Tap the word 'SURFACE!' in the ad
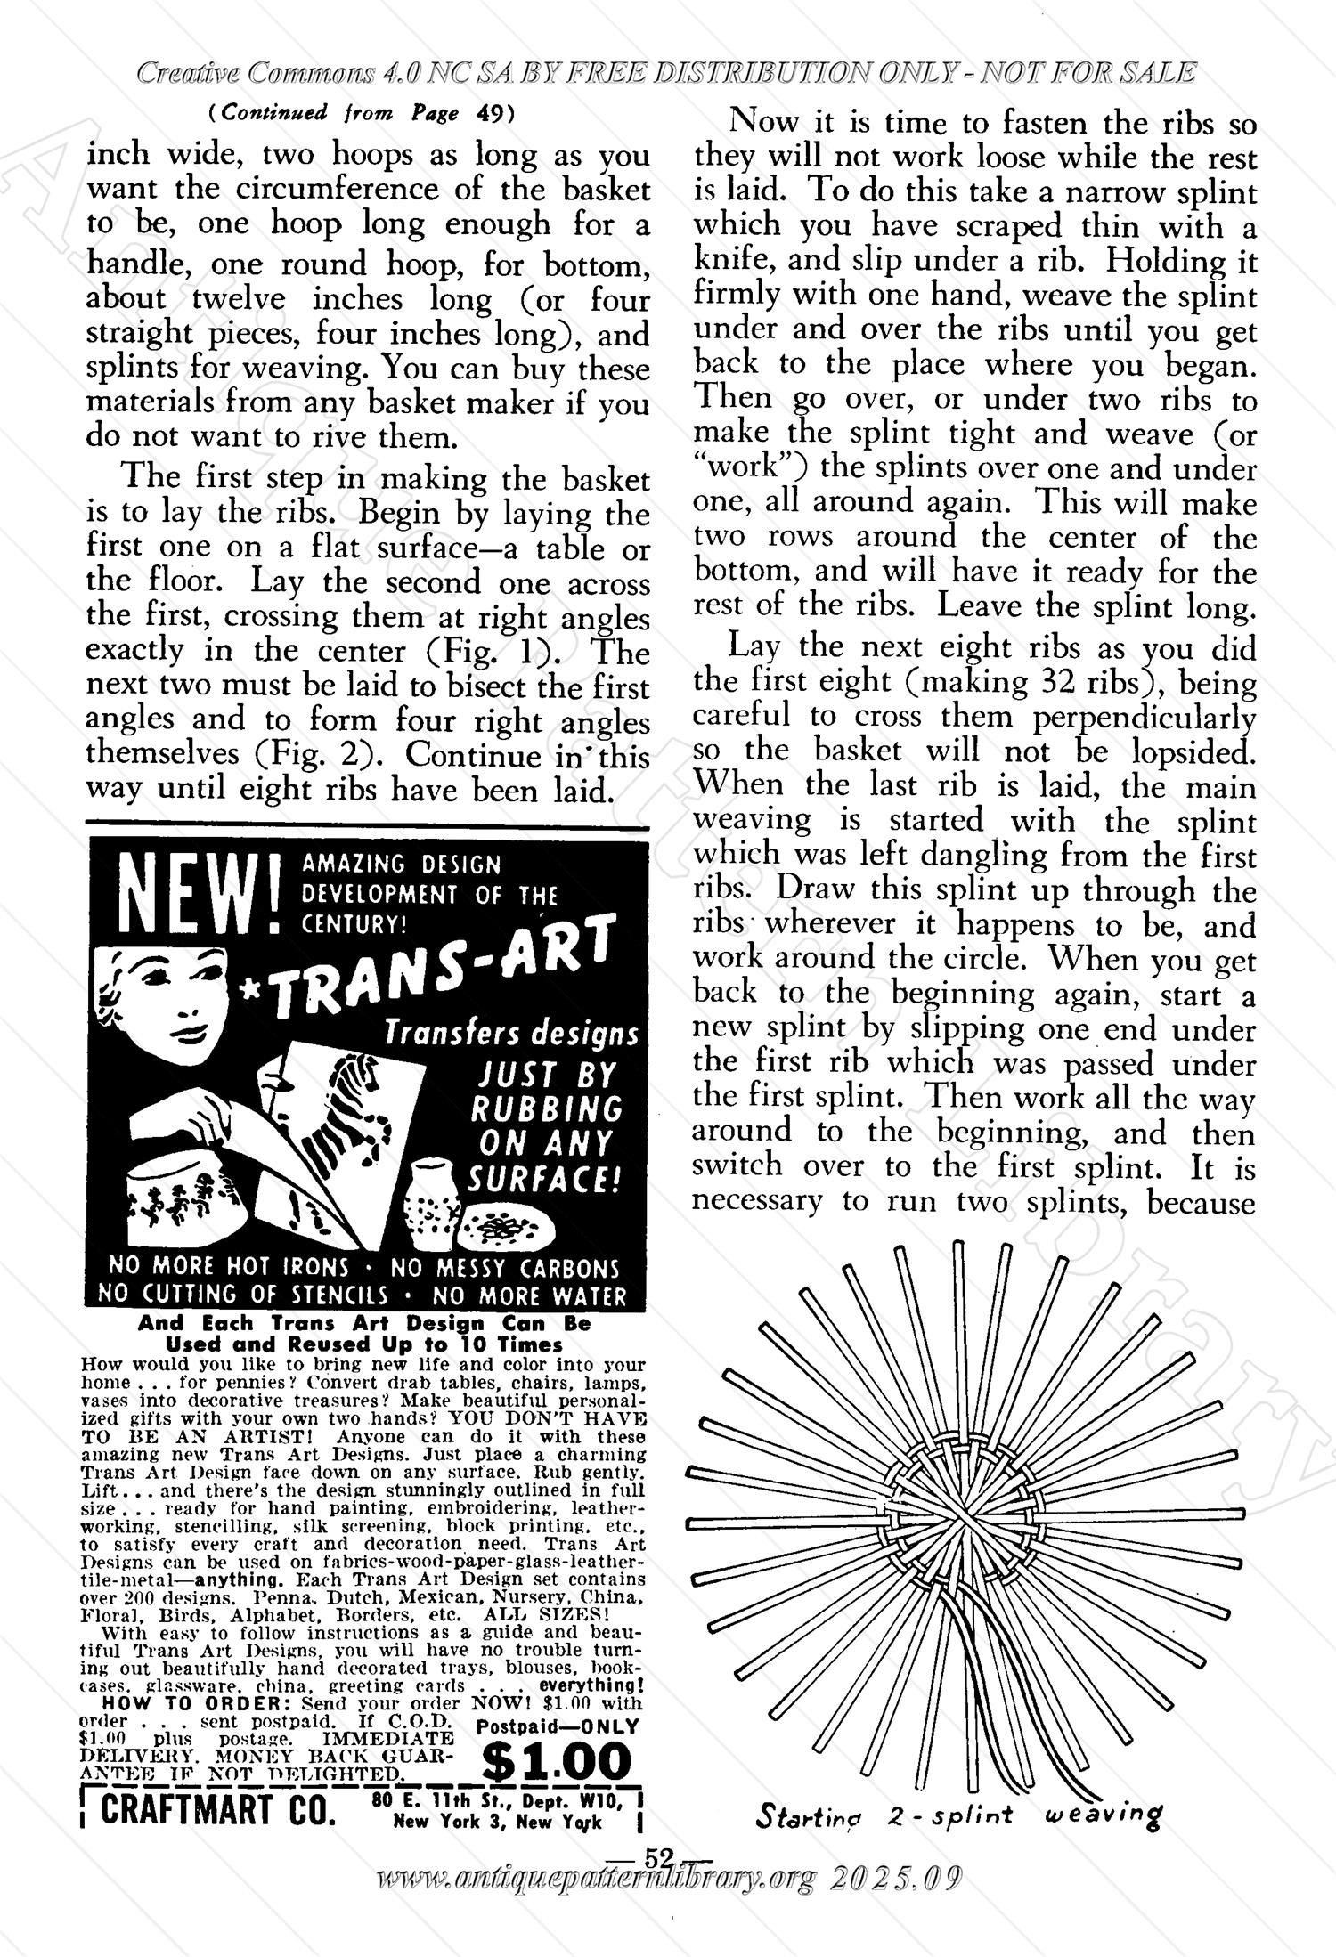pyautogui.click(x=544, y=1180)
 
